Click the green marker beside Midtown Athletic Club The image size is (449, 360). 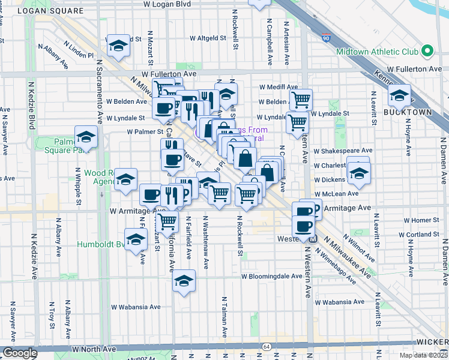click(x=427, y=52)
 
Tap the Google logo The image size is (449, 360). click(x=20, y=353)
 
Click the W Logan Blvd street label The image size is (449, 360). click(x=167, y=4)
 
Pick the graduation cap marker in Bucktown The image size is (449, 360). click(x=400, y=95)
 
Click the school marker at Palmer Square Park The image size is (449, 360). click(x=86, y=137)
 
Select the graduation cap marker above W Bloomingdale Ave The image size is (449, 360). click(x=183, y=280)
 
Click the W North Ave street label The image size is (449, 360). click(x=92, y=348)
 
